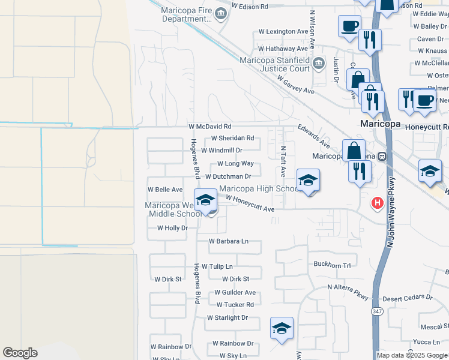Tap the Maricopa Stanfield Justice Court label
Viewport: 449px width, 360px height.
click(275, 64)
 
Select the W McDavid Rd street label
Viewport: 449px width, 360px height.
click(209, 127)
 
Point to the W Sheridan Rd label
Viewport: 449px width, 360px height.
click(232, 138)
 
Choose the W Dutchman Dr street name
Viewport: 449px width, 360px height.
click(228, 176)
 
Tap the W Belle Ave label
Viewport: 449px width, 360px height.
click(165, 190)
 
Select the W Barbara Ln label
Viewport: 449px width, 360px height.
click(228, 241)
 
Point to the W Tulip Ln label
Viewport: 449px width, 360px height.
click(217, 266)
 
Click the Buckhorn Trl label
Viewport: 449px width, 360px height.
click(331, 264)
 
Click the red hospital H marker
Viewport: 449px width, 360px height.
click(377, 203)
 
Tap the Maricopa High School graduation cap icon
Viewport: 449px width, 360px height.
click(308, 180)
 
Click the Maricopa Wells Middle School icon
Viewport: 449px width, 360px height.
click(205, 200)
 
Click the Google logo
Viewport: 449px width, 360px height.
click(20, 353)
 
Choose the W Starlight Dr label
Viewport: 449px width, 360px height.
click(227, 317)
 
